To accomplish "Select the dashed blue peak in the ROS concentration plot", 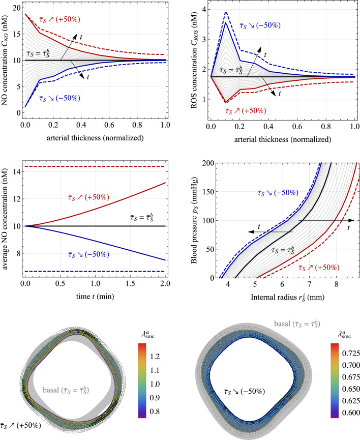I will (225, 12).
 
